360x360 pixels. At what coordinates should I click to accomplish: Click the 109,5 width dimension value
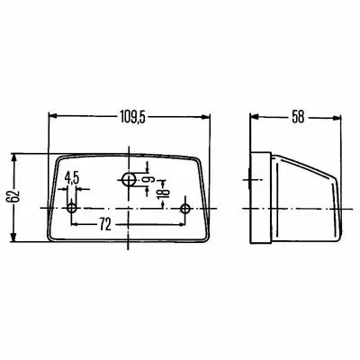point(132,117)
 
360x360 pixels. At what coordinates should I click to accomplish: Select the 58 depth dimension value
point(298,117)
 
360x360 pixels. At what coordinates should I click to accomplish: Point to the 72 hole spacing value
point(105,224)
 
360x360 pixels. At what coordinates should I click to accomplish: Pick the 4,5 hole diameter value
point(72,178)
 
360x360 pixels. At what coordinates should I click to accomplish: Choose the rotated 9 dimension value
point(149,180)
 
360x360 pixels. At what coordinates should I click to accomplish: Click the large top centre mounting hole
point(129,180)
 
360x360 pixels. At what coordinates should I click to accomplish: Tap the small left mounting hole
point(72,208)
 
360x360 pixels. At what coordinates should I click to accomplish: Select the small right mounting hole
point(185,208)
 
